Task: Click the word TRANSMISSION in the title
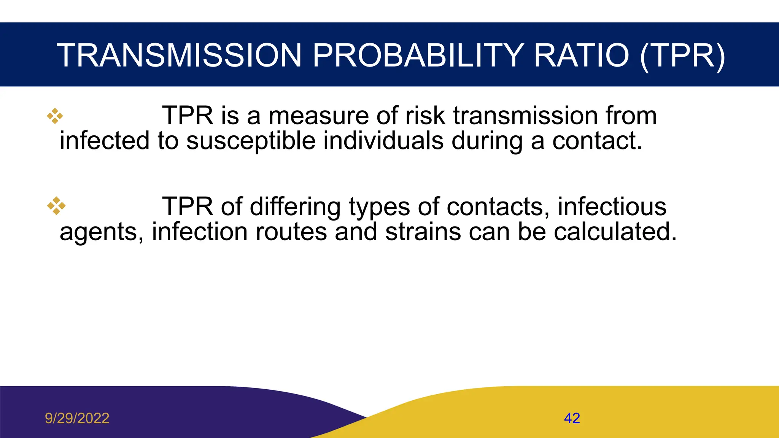(x=179, y=56)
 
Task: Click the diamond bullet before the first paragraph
(x=55, y=116)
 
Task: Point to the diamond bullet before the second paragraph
(x=56, y=206)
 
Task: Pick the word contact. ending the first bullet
(x=597, y=141)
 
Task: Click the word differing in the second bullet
(x=295, y=207)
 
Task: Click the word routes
(x=291, y=232)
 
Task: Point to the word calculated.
(x=615, y=232)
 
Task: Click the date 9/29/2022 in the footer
(x=77, y=418)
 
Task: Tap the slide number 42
(x=572, y=418)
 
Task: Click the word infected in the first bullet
(x=104, y=141)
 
